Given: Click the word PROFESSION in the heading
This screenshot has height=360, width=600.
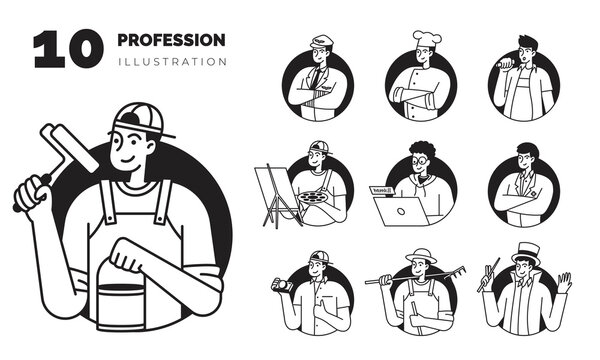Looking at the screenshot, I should pyautogui.click(x=171, y=40).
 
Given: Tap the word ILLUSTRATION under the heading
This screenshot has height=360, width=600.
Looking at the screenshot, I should pyautogui.click(x=171, y=61).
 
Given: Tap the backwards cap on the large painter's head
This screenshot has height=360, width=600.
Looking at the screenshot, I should pyautogui.click(x=139, y=121).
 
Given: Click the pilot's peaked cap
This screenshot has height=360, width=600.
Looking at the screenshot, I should pyautogui.click(x=320, y=42).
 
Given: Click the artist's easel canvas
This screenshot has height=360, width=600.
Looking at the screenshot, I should pyautogui.click(x=268, y=185).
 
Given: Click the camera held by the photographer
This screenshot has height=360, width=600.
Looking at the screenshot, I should pyautogui.click(x=284, y=286).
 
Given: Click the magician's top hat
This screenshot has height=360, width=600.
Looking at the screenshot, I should pyautogui.click(x=520, y=250).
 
